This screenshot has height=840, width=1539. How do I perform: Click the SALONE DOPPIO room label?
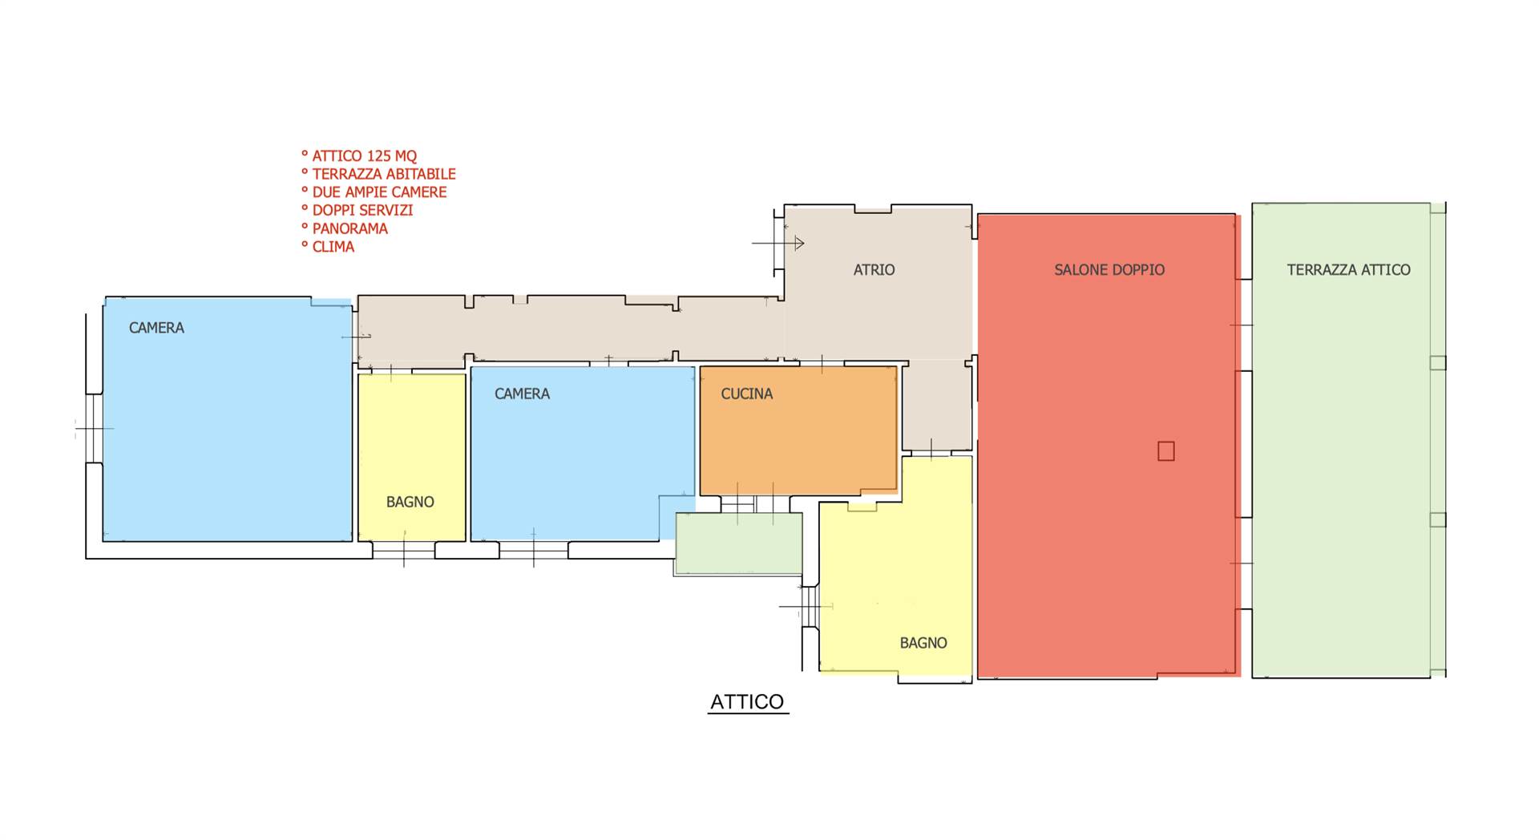pyautogui.click(x=1109, y=270)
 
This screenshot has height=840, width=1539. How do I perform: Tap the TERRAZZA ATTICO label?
pyautogui.click(x=1349, y=270)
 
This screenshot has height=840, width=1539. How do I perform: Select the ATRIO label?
pyautogui.click(x=874, y=270)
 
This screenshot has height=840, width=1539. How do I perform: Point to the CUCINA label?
pyautogui.click(x=747, y=394)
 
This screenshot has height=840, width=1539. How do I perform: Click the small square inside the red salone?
pyautogui.click(x=1166, y=451)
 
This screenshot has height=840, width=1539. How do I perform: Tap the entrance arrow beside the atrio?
pyautogui.click(x=778, y=243)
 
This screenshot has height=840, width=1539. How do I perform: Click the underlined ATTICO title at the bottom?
pyautogui.click(x=747, y=702)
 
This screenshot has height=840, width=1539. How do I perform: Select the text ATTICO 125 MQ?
pyautogui.click(x=365, y=155)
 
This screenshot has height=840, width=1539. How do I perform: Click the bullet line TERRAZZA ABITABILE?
pyautogui.click(x=384, y=174)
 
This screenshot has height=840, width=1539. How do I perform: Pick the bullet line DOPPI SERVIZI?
pyautogui.click(x=362, y=210)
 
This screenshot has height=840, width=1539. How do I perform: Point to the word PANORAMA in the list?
pyautogui.click(x=350, y=228)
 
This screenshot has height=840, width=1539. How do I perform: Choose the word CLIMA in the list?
pyautogui.click(x=333, y=247)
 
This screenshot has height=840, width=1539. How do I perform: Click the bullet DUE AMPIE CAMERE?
pyautogui.click(x=379, y=192)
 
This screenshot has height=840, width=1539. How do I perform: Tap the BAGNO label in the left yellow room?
pyautogui.click(x=410, y=502)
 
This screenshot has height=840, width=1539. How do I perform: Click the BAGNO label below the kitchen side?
pyautogui.click(x=923, y=643)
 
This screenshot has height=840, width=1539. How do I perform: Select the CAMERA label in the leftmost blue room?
pyautogui.click(x=156, y=328)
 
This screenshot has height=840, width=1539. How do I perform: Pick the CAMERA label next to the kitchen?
pyautogui.click(x=522, y=394)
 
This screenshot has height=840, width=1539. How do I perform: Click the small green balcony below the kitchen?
pyautogui.click(x=739, y=543)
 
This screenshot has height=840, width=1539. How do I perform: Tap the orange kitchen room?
pyautogui.click(x=798, y=430)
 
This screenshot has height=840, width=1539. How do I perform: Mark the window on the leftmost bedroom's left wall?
pyautogui.click(x=95, y=428)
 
